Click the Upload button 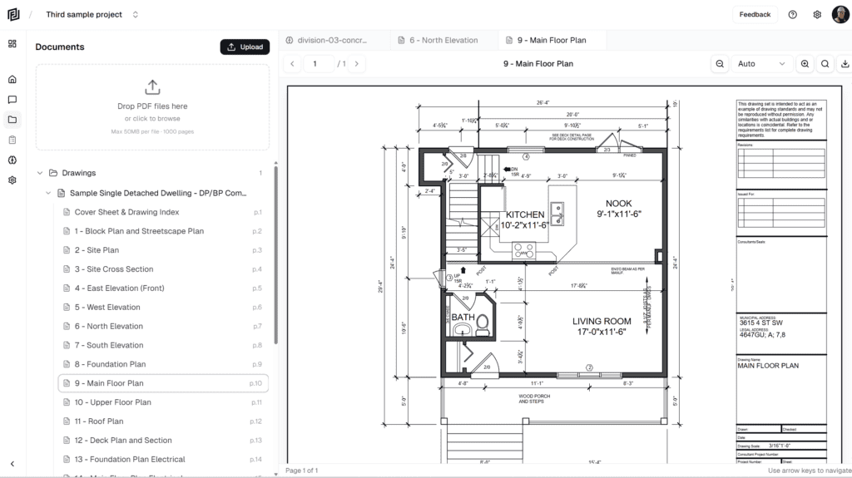pyautogui.click(x=245, y=47)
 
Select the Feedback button pyautogui.click(x=755, y=14)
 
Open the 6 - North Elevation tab pyautogui.click(x=443, y=40)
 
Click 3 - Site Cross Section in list pyautogui.click(x=114, y=269)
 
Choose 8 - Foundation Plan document pyautogui.click(x=110, y=364)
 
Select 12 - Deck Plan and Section pyautogui.click(x=123, y=441)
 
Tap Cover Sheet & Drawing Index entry pyautogui.click(x=126, y=212)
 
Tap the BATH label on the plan pyautogui.click(x=463, y=317)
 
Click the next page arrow pyautogui.click(x=357, y=64)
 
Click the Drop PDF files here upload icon pyautogui.click(x=152, y=86)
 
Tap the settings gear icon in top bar pyautogui.click(x=817, y=14)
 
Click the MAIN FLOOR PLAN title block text pyautogui.click(x=767, y=366)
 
